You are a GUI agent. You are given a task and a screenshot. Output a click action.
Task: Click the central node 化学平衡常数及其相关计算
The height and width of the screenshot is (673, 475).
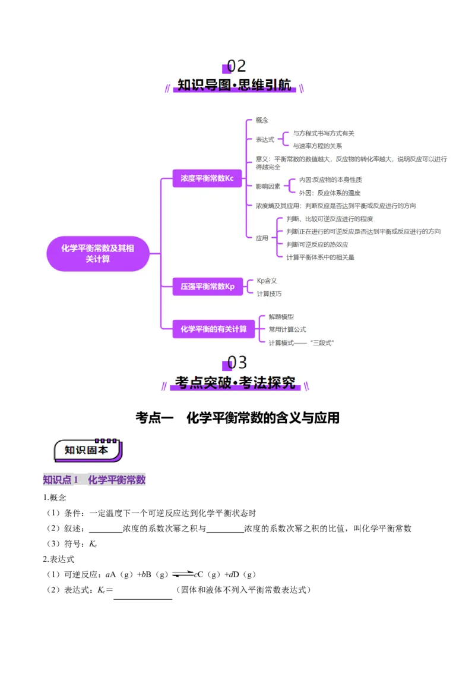click(x=97, y=254)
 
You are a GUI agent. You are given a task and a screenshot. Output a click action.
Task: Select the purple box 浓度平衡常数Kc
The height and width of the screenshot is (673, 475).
click(x=207, y=178)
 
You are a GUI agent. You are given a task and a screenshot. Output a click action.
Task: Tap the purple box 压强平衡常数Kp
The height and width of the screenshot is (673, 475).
click(x=207, y=287)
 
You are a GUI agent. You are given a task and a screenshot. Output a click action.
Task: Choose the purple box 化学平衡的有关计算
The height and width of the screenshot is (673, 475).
click(x=213, y=329)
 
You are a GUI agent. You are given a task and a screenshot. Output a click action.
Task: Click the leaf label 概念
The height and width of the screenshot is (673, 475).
click(x=262, y=120)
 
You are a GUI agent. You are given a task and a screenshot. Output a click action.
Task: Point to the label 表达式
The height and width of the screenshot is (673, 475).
click(x=265, y=140)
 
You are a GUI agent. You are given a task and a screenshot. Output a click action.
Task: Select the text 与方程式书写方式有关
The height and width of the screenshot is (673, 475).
click(x=324, y=134)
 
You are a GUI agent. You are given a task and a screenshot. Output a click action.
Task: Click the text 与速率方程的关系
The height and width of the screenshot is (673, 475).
click(x=317, y=146)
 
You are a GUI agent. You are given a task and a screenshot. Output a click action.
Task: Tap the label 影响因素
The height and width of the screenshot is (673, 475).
click(x=268, y=186)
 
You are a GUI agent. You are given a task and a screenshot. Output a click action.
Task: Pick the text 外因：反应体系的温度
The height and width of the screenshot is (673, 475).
click(x=330, y=193)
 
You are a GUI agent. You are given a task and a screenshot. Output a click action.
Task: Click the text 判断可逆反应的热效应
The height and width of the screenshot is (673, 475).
click(x=317, y=244)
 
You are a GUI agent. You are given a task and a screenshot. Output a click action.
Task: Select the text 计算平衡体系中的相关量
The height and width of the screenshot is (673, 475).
click(x=320, y=257)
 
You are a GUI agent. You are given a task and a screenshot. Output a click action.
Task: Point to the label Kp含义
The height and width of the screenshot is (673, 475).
click(x=267, y=281)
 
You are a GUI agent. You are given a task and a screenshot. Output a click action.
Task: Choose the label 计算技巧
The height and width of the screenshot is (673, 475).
click(x=269, y=294)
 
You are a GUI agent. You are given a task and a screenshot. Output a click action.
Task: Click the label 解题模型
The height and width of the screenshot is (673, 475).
click(x=281, y=317)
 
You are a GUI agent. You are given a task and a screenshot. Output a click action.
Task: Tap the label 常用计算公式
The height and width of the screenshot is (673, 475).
click(x=287, y=329)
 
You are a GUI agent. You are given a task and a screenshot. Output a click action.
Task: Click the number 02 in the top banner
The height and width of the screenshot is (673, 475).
click(x=237, y=66)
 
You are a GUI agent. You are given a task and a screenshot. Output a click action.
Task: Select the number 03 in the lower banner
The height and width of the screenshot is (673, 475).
click(x=237, y=362)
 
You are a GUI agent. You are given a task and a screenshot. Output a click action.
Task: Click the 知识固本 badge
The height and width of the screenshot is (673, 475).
click(x=87, y=451)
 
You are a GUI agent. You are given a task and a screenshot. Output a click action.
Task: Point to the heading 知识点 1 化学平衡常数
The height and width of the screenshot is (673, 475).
click(x=94, y=480)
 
